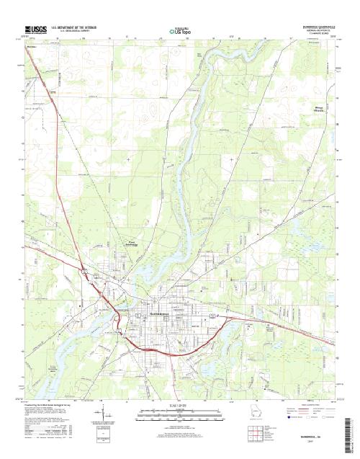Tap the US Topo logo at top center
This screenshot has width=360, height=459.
point(179,31)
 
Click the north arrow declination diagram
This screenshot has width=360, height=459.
point(106,417)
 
